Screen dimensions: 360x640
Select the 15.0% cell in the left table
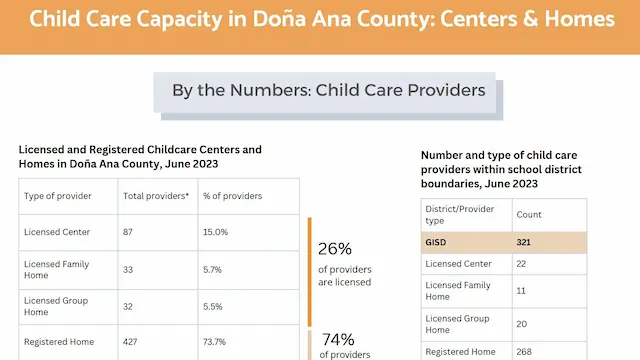coord(216,232)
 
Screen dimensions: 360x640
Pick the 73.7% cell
coord(216,342)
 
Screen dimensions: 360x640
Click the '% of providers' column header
coord(232,195)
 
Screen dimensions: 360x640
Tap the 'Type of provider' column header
coord(59,195)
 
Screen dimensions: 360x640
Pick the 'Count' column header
coord(528,214)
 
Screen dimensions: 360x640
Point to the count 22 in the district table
coord(521,263)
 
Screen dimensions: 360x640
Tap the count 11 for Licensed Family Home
coord(520,290)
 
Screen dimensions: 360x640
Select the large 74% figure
coord(338,338)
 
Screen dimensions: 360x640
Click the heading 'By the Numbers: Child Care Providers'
coord(328,90)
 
